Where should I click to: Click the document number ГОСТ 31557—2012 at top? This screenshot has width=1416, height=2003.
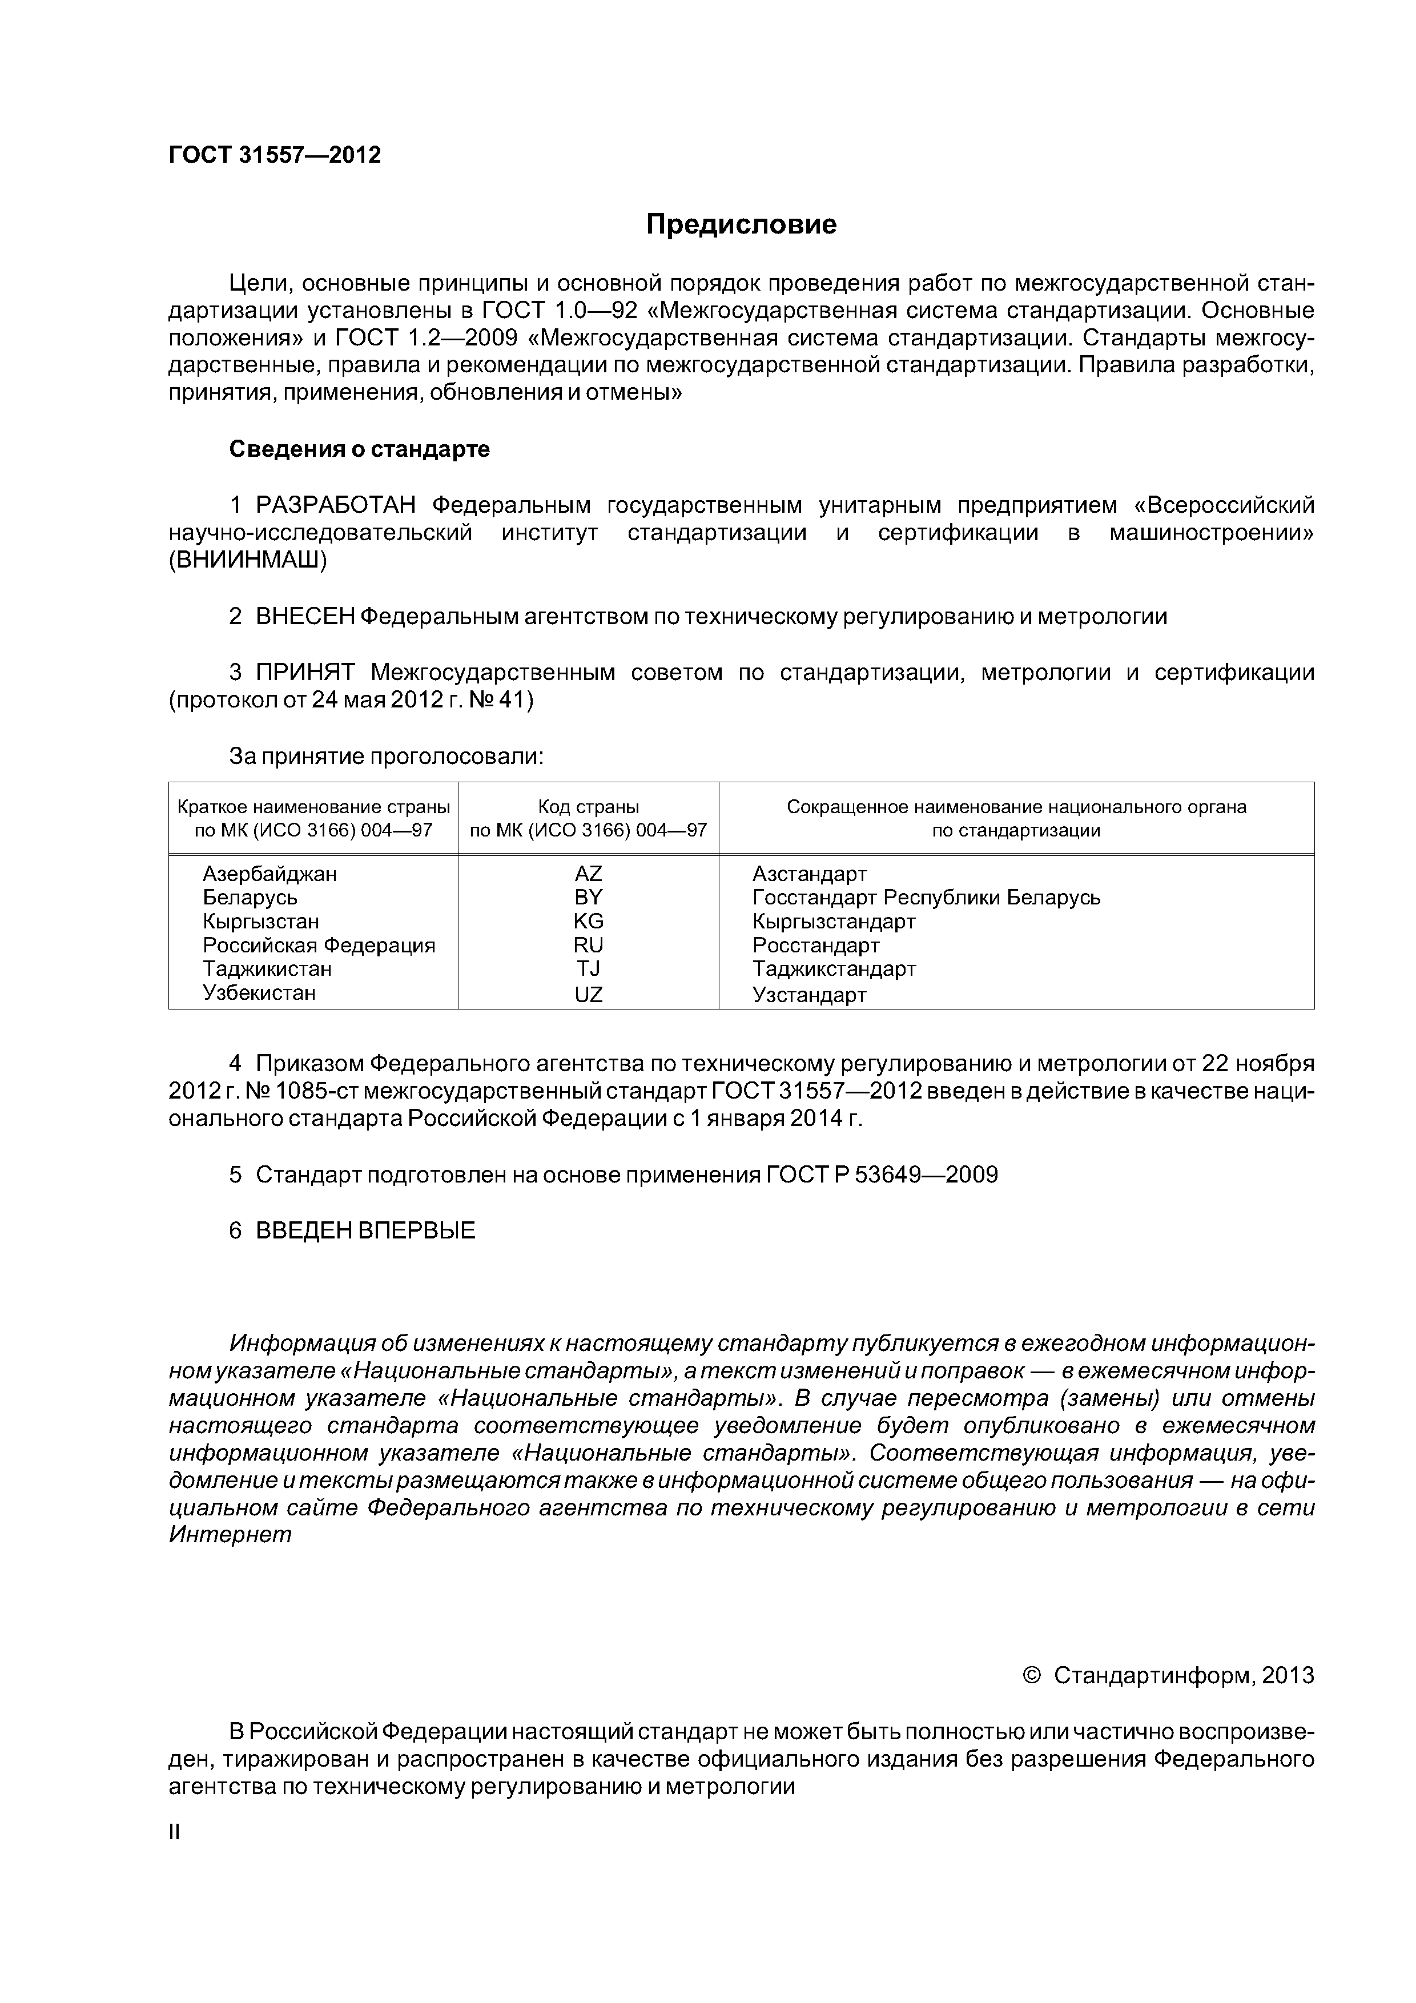pos(275,155)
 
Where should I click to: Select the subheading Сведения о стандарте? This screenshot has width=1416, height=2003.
pos(360,449)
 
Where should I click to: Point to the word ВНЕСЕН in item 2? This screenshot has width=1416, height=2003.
pos(305,617)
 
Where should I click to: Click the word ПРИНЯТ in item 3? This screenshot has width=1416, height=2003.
pos(305,673)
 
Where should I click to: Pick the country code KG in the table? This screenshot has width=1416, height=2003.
pos(588,921)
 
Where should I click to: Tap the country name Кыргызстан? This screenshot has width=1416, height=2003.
pos(261,921)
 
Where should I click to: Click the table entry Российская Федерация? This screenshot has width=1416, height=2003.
pos(319,945)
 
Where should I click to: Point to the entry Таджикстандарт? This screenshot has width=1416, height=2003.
pos(834,968)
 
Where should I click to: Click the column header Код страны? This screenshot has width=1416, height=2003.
pos(588,807)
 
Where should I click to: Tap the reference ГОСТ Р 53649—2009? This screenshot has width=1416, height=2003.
pos(881,1175)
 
